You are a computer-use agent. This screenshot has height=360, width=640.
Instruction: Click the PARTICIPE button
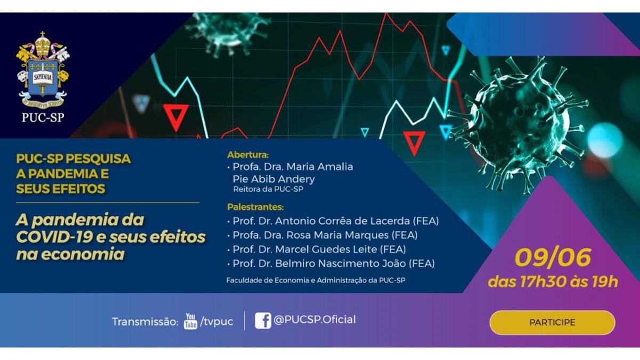click(x=552, y=323)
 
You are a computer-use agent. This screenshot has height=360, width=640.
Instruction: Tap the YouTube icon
click(x=190, y=321)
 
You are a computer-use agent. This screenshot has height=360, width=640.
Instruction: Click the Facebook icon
click(x=263, y=321)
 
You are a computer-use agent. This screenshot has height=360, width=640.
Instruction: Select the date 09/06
click(x=553, y=258)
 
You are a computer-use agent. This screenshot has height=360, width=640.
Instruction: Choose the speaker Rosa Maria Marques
click(x=338, y=235)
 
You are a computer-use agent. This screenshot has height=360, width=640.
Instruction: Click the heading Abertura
click(x=247, y=155)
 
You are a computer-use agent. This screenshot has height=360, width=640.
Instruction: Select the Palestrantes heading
click(x=255, y=207)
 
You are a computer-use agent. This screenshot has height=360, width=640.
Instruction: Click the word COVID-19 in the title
click(x=54, y=237)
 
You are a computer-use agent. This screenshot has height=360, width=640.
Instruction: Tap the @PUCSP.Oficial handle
click(x=315, y=319)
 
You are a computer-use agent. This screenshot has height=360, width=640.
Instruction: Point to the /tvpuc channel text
click(x=217, y=322)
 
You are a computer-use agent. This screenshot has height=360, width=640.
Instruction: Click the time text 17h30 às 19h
click(x=569, y=282)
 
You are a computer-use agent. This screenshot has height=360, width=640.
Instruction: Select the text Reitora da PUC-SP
click(x=268, y=189)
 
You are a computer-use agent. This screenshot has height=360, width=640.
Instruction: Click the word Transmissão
click(x=145, y=322)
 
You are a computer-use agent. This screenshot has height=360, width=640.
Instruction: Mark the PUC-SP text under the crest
click(x=43, y=117)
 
